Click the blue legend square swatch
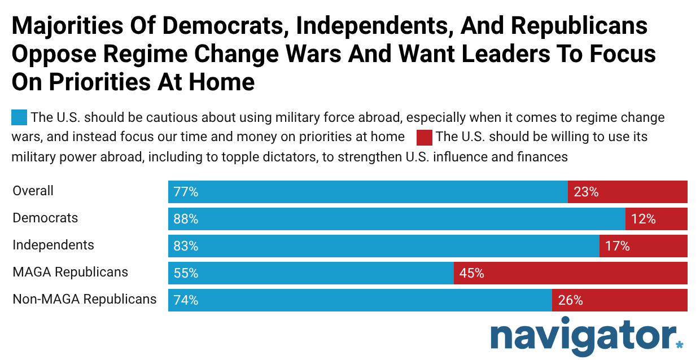(x=19, y=118)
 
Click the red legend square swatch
(x=424, y=137)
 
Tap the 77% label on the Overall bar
(x=186, y=192)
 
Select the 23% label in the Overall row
(x=585, y=192)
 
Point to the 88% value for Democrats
(x=186, y=219)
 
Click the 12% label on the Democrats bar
(x=643, y=219)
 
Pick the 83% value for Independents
(x=186, y=246)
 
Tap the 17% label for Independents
(x=617, y=246)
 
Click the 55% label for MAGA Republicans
(x=186, y=273)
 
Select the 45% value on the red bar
(x=471, y=273)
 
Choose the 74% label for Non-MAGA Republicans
(x=186, y=300)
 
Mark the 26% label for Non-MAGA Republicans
(x=570, y=300)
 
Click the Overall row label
(x=33, y=191)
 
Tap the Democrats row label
(x=45, y=218)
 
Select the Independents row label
(x=53, y=245)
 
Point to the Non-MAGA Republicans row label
(x=85, y=299)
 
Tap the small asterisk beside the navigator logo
(x=679, y=344)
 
